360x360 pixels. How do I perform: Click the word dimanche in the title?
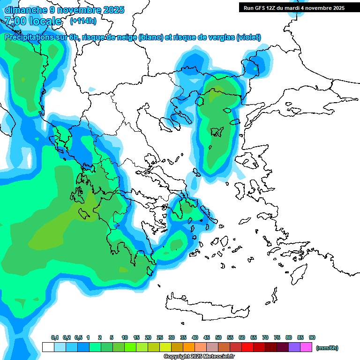pyautogui.click(x=24, y=9)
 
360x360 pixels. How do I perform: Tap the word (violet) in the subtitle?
pyautogui.click(x=248, y=37)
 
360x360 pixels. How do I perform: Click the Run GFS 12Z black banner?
pyautogui.click(x=292, y=7)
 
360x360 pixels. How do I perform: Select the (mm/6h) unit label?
pyautogui.click(x=327, y=348)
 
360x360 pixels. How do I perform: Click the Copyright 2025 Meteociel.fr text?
pyautogui.click(x=199, y=356)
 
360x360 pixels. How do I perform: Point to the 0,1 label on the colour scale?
pyautogui.click(x=54, y=338)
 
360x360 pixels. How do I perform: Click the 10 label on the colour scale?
pyautogui.click(x=125, y=338)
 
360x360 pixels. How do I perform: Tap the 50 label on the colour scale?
pyautogui.click(x=218, y=338)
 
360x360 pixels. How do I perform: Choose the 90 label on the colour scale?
pyautogui.click(x=312, y=338)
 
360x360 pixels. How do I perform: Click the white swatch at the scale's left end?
pyautogui.click(x=48, y=347)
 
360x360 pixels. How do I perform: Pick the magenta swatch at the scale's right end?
pyautogui.click(x=306, y=347)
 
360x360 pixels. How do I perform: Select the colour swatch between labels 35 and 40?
pyautogui.click(x=189, y=347)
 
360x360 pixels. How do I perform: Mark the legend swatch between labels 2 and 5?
pyautogui.click(x=106, y=347)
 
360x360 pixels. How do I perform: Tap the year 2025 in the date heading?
pyautogui.click(x=112, y=9)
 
